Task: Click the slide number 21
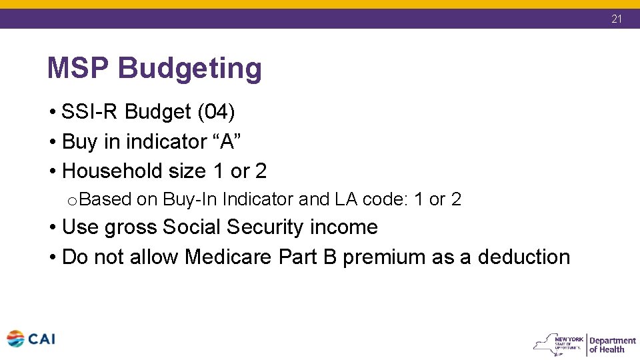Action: (x=617, y=19)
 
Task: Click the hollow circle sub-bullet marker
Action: (x=72, y=200)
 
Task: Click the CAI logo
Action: (x=31, y=339)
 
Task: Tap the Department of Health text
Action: (x=611, y=345)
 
